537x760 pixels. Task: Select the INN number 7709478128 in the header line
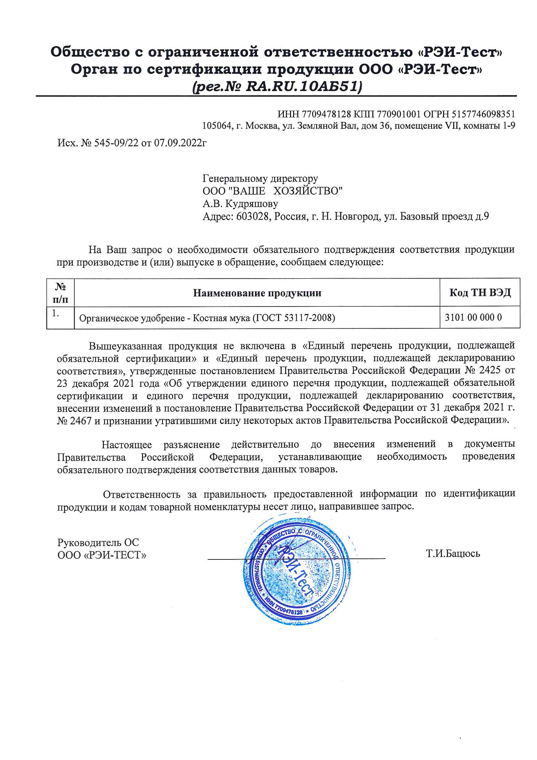[326, 114]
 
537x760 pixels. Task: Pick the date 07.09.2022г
[180, 143]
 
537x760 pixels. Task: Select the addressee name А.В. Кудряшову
[240, 203]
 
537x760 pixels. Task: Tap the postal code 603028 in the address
[252, 216]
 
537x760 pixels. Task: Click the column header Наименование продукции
[257, 293]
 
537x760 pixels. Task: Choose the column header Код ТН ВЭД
[480, 293]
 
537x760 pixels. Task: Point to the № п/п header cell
[60, 293]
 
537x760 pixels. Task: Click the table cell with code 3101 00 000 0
[473, 318]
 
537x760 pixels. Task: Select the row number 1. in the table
[56, 313]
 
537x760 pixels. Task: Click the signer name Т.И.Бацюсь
[453, 554]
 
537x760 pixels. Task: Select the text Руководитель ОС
[98, 542]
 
